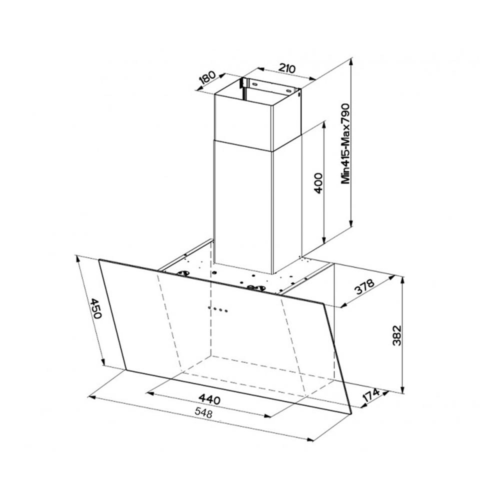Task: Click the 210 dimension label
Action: click(x=287, y=68)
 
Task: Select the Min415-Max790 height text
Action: click(x=345, y=143)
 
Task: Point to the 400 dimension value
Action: click(x=318, y=183)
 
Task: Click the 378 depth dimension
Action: click(x=364, y=287)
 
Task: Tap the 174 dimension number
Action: click(x=371, y=395)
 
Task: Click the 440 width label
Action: click(x=209, y=399)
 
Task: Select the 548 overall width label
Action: click(x=203, y=413)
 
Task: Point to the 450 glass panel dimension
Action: click(x=94, y=308)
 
